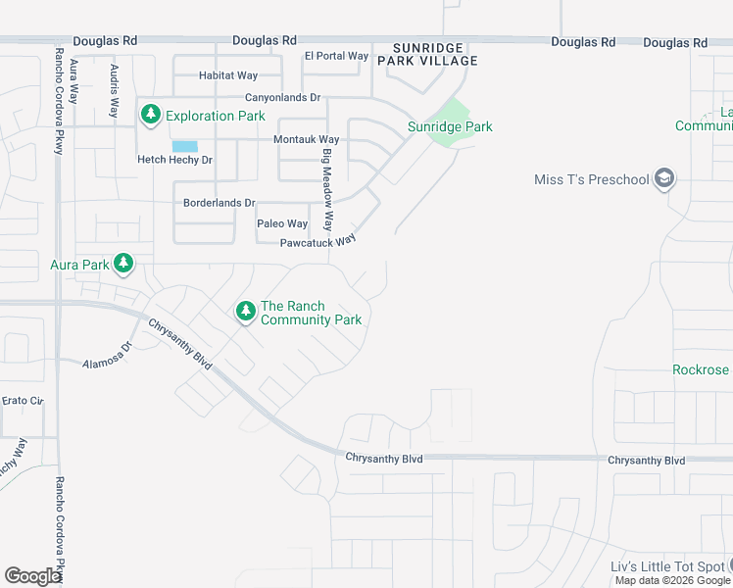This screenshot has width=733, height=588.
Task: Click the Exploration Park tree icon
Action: (150, 116)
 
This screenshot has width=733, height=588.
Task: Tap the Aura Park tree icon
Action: (123, 264)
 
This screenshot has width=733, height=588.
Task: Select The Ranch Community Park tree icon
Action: (245, 313)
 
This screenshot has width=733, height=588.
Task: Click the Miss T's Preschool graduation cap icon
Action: (664, 178)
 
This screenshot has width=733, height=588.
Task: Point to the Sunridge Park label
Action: (450, 126)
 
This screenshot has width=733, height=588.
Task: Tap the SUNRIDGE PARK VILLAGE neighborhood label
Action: (435, 54)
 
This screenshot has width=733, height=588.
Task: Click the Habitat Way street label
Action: (227, 75)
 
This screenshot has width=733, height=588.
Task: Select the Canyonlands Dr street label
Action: (282, 98)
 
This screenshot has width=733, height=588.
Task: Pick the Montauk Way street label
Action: (308, 140)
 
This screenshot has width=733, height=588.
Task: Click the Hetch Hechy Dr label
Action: (174, 160)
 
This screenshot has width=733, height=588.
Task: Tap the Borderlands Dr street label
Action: (219, 204)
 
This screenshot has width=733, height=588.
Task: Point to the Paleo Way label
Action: (282, 224)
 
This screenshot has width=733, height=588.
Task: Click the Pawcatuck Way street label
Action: (317, 242)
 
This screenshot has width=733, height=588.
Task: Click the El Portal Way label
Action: (336, 56)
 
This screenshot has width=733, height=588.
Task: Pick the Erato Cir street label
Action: (24, 401)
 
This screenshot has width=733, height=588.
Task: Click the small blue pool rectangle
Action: (184, 146)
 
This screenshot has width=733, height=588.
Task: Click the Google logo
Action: (33, 575)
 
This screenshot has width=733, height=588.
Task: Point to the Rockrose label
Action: (701, 369)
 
